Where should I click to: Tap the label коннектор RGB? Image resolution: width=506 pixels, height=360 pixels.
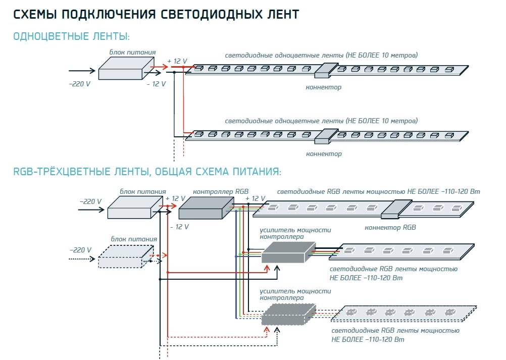click(x=390, y=227)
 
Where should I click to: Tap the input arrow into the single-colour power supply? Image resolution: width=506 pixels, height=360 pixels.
click(x=81, y=70)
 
